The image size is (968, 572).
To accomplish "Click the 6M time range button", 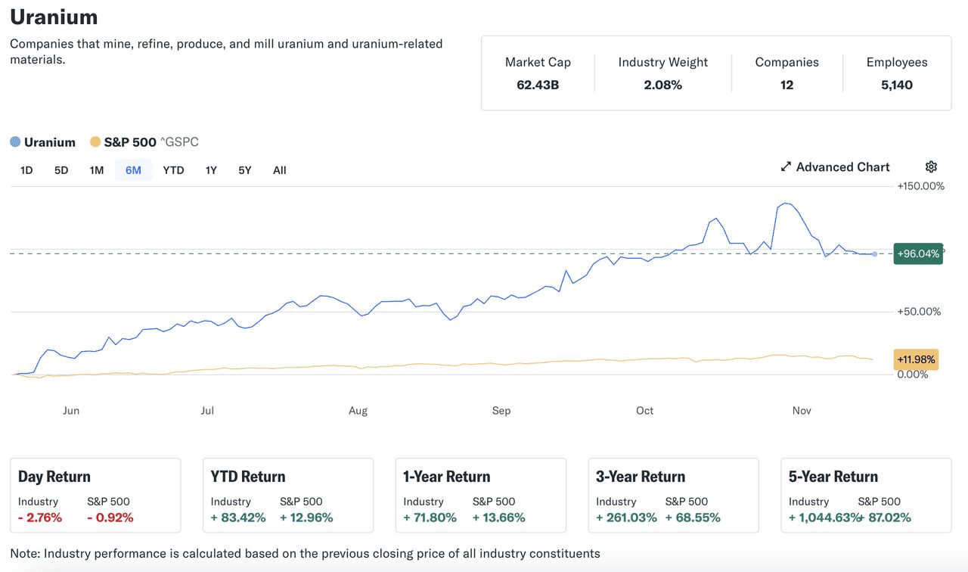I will pyautogui.click(x=133, y=170).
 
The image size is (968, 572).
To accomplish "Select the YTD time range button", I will pyautogui.click(x=173, y=170).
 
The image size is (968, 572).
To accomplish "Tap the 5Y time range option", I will pyautogui.click(x=244, y=170).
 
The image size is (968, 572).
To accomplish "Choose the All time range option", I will pyautogui.click(x=280, y=170).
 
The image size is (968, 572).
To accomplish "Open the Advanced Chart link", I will pyautogui.click(x=835, y=167).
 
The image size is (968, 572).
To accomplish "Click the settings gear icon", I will pyautogui.click(x=931, y=167).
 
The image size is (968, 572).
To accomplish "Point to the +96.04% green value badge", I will pyautogui.click(x=918, y=253).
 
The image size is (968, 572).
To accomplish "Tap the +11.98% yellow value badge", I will pyautogui.click(x=916, y=359).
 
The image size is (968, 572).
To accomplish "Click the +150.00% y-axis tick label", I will pyautogui.click(x=920, y=186).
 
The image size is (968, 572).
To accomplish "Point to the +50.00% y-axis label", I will pyautogui.click(x=919, y=312).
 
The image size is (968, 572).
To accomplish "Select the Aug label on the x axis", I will pyautogui.click(x=358, y=411).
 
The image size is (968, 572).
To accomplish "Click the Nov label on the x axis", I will pyautogui.click(x=802, y=411).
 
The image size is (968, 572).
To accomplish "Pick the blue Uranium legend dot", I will pyautogui.click(x=15, y=142).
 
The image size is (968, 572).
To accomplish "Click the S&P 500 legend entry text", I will pyautogui.click(x=129, y=142).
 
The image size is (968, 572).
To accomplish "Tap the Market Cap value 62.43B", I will pyautogui.click(x=538, y=85).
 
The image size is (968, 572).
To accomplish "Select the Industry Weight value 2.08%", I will pyautogui.click(x=662, y=85).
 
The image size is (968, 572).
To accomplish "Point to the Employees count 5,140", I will pyautogui.click(x=896, y=85).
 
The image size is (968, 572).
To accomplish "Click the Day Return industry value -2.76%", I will pyautogui.click(x=40, y=518).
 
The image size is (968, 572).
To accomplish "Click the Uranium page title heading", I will pyautogui.click(x=54, y=17).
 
